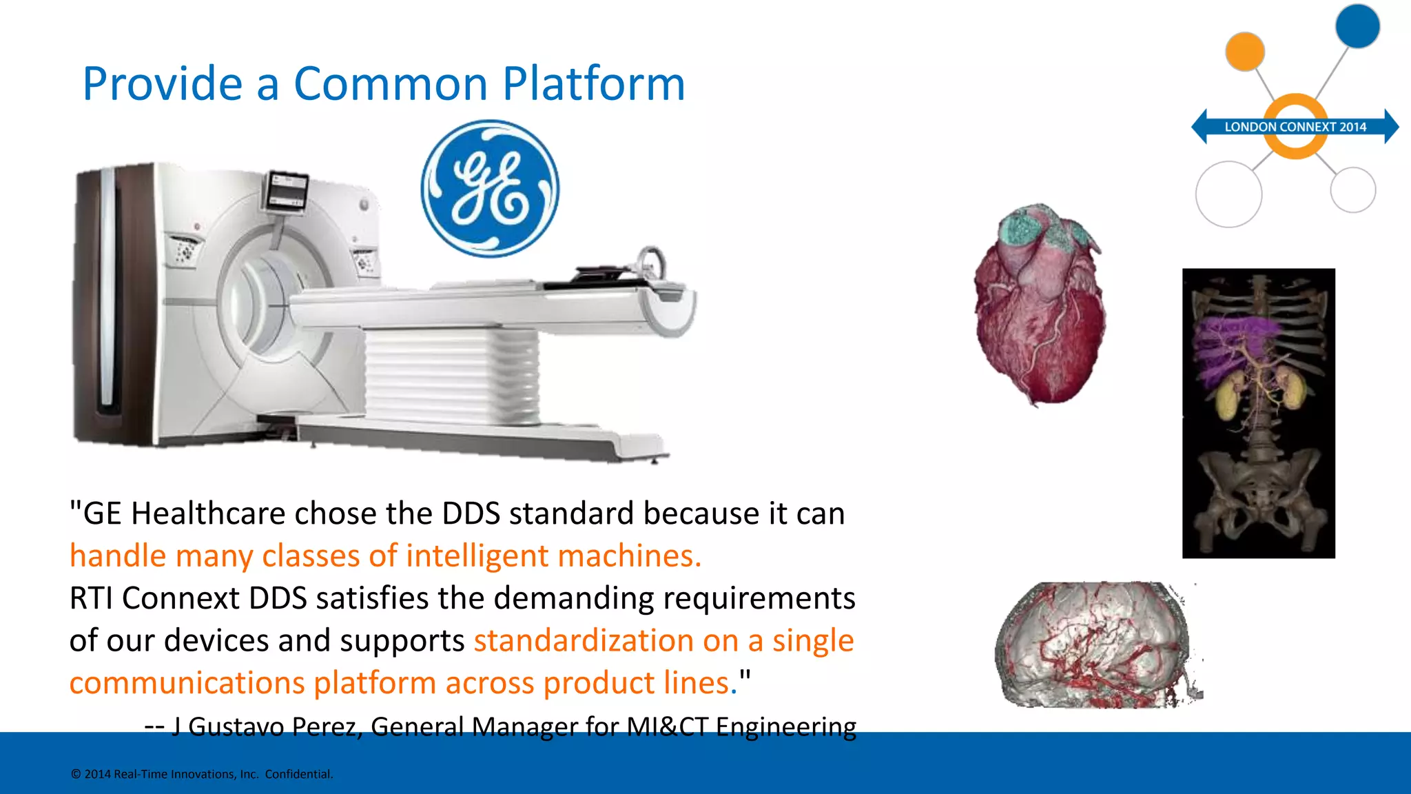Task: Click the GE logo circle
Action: pos(490,189)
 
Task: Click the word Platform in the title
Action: pos(593,84)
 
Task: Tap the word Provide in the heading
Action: pos(162,84)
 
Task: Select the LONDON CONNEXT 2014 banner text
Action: pos(1295,127)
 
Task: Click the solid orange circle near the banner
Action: pos(1244,51)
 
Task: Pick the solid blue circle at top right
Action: pos(1357,26)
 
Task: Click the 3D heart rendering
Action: pos(1038,303)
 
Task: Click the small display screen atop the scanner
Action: pos(287,190)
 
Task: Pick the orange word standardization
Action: pos(581,640)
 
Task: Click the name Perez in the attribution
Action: pos(327,726)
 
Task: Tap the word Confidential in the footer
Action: pos(298,774)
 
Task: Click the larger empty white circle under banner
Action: pos(1228,194)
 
